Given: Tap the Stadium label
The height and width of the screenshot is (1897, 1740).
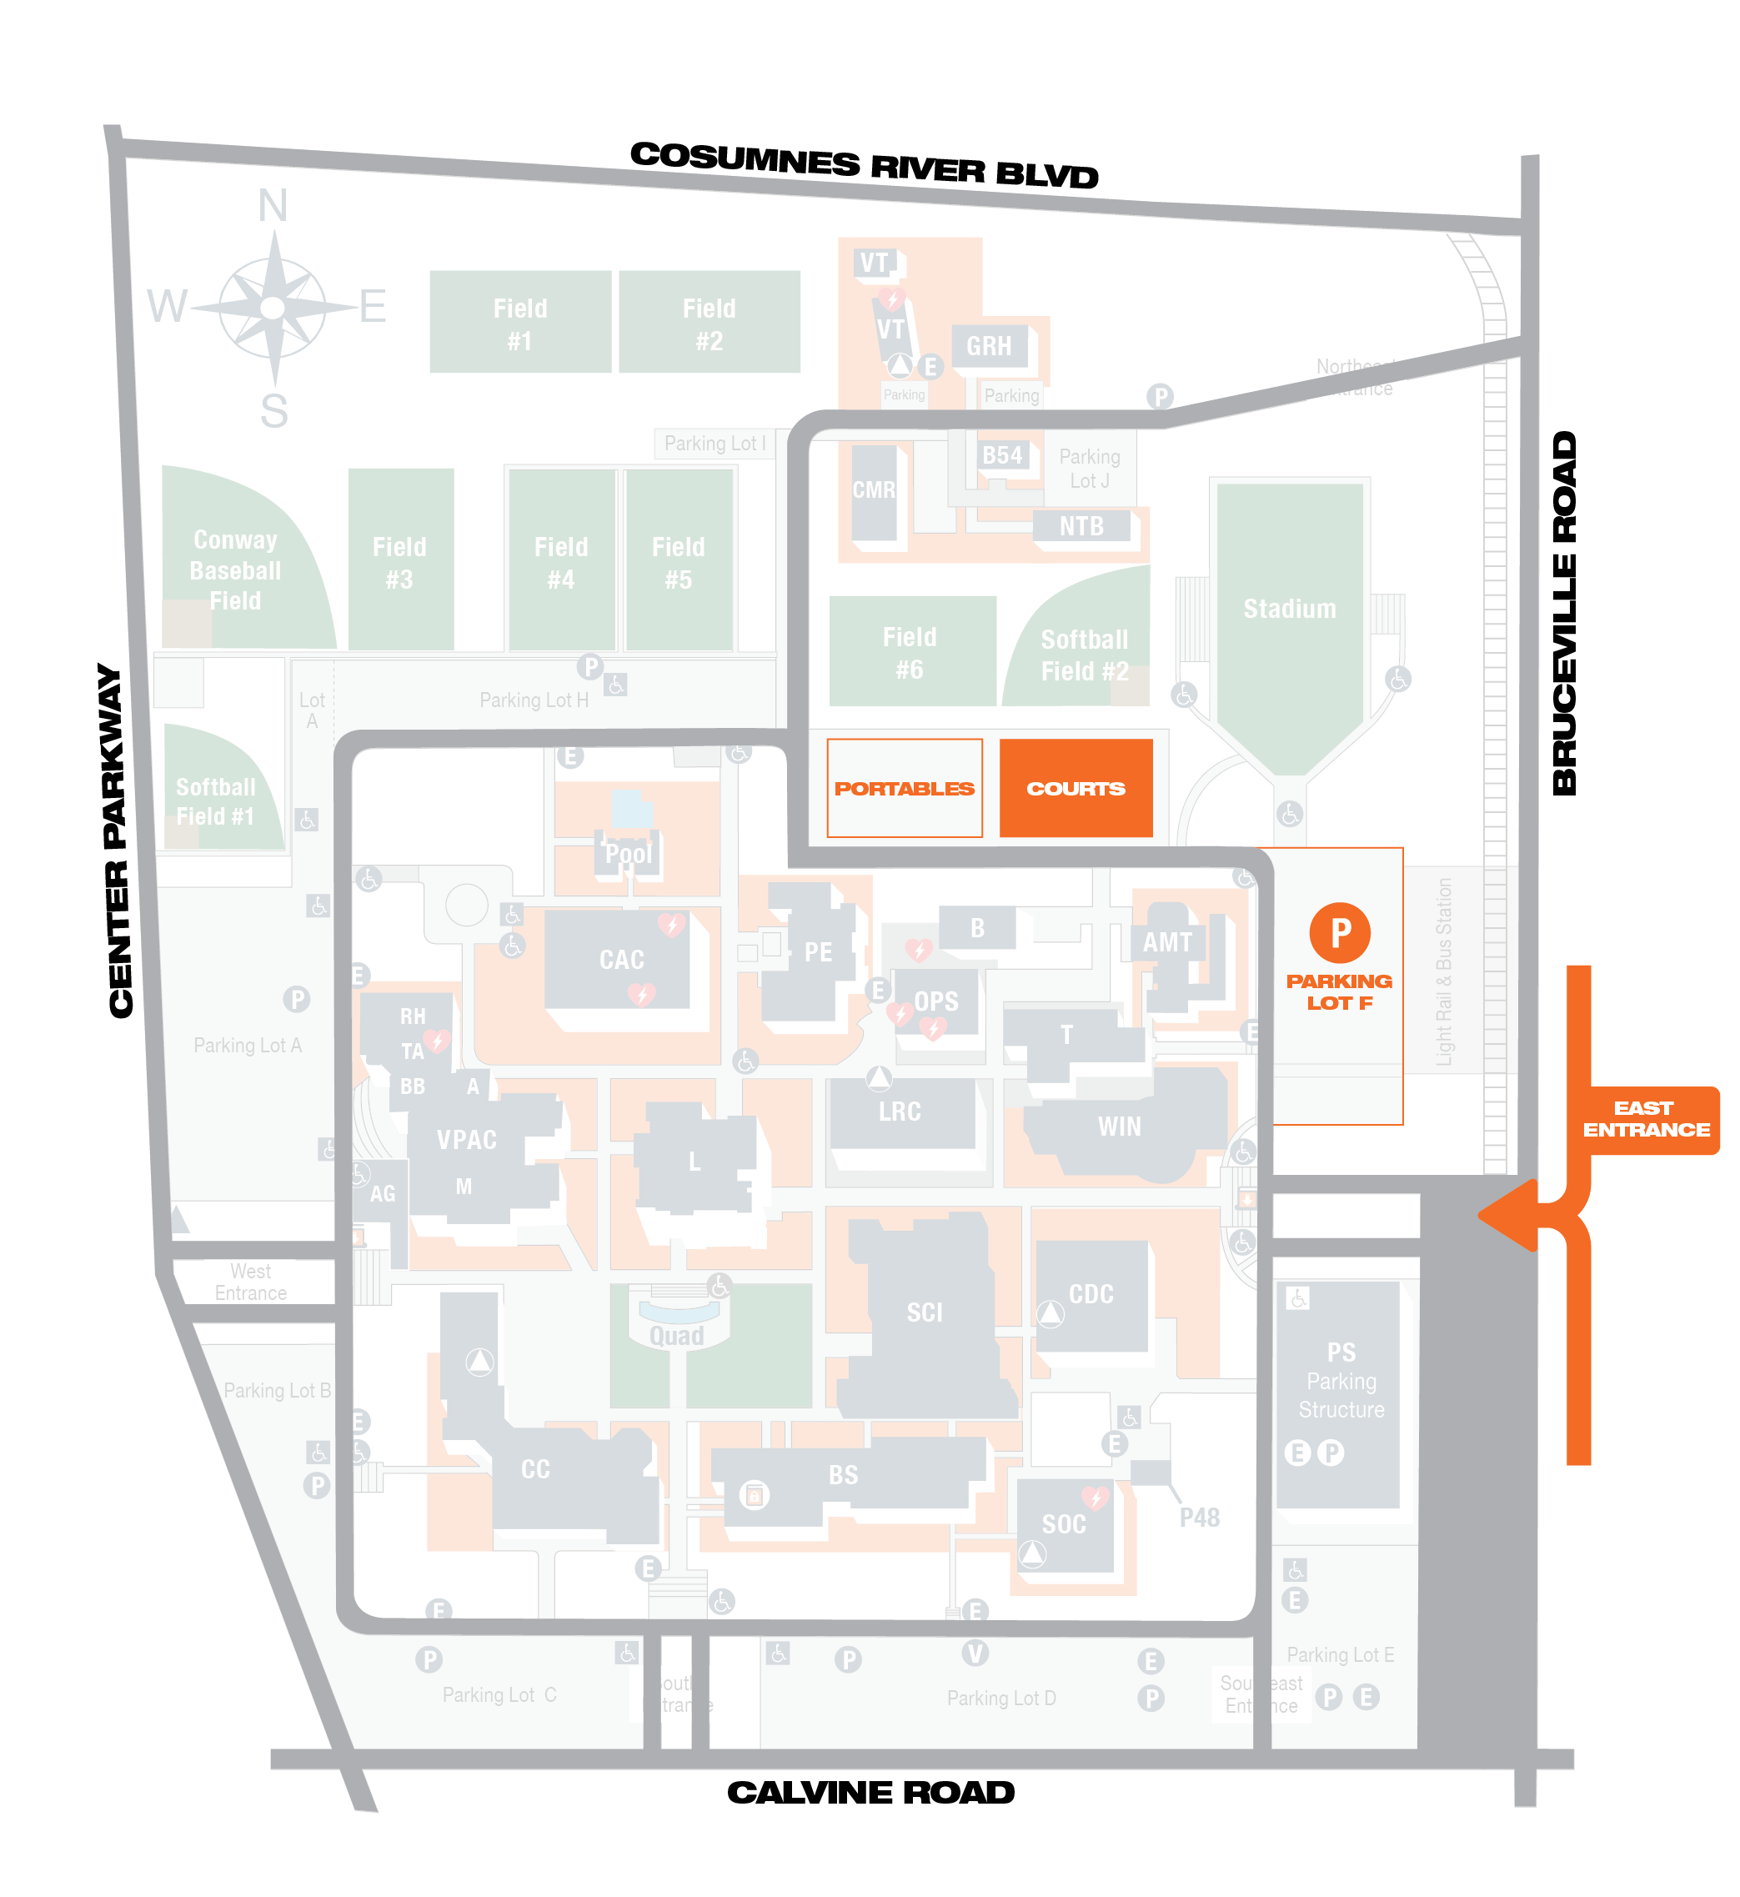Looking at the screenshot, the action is click(x=1289, y=609).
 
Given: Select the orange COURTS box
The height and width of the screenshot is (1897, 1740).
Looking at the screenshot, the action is click(x=1076, y=788).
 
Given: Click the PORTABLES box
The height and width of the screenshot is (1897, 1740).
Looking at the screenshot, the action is click(x=904, y=788).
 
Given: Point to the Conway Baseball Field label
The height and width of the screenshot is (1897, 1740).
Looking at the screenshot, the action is click(x=234, y=570).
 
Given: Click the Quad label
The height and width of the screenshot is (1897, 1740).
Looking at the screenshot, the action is click(x=676, y=1336).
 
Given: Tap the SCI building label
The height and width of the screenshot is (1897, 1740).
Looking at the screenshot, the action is click(x=924, y=1312).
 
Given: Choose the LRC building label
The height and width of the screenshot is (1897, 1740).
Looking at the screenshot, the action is click(x=900, y=1112).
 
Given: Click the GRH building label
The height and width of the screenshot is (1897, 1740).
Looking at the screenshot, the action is click(x=989, y=346).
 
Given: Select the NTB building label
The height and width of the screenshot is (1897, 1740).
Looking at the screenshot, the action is click(x=1081, y=526).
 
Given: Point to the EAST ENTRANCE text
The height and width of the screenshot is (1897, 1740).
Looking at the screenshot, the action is click(x=1646, y=1118).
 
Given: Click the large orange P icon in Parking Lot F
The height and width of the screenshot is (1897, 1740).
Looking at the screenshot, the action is click(x=1340, y=933).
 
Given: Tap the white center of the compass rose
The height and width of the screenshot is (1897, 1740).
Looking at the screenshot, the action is click(x=273, y=308).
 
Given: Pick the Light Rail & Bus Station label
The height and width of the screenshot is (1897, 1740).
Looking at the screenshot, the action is click(x=1443, y=971).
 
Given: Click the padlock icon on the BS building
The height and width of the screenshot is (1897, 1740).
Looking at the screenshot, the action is click(x=753, y=1494).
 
